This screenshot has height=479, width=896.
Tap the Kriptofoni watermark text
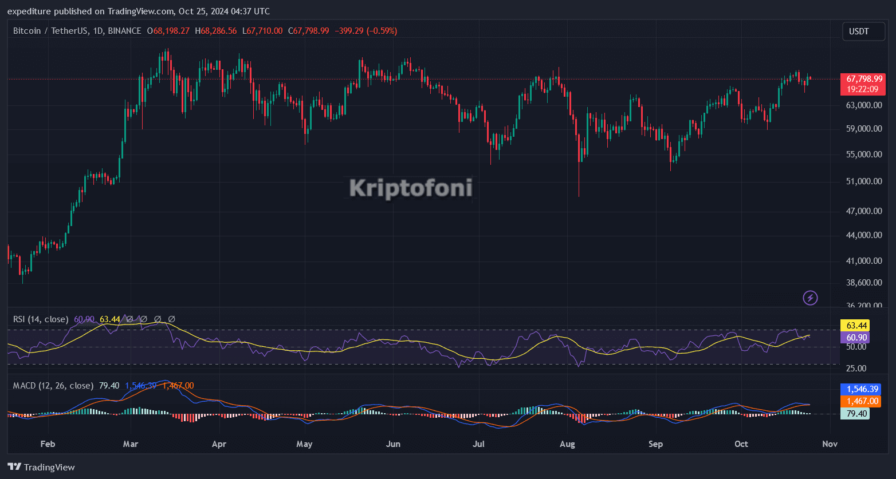pyautogui.click(x=411, y=188)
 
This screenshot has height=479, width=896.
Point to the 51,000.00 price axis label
pyautogui.click(x=864, y=181)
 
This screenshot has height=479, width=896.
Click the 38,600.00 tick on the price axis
pyautogui.click(x=864, y=283)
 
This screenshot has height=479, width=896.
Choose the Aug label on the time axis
pyautogui.click(x=567, y=444)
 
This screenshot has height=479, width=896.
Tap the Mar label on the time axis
pyautogui.click(x=131, y=444)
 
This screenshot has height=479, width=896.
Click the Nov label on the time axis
pyautogui.click(x=830, y=444)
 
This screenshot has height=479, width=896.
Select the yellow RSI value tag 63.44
pyautogui.click(x=854, y=325)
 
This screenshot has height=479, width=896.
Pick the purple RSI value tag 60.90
pyautogui.click(x=854, y=338)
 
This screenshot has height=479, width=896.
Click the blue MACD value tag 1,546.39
pyautogui.click(x=860, y=389)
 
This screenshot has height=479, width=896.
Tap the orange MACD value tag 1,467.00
pyautogui.click(x=860, y=401)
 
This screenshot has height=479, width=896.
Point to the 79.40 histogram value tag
pyautogui.click(x=854, y=413)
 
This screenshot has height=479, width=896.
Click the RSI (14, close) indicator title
pyautogui.click(x=41, y=319)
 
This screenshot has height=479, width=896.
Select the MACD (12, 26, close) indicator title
pyautogui.click(x=53, y=386)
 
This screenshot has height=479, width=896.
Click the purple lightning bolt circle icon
pyautogui.click(x=810, y=298)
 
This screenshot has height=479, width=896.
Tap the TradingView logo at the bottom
pyautogui.click(x=41, y=467)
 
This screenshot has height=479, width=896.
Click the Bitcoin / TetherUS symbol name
pyautogui.click(x=49, y=31)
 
